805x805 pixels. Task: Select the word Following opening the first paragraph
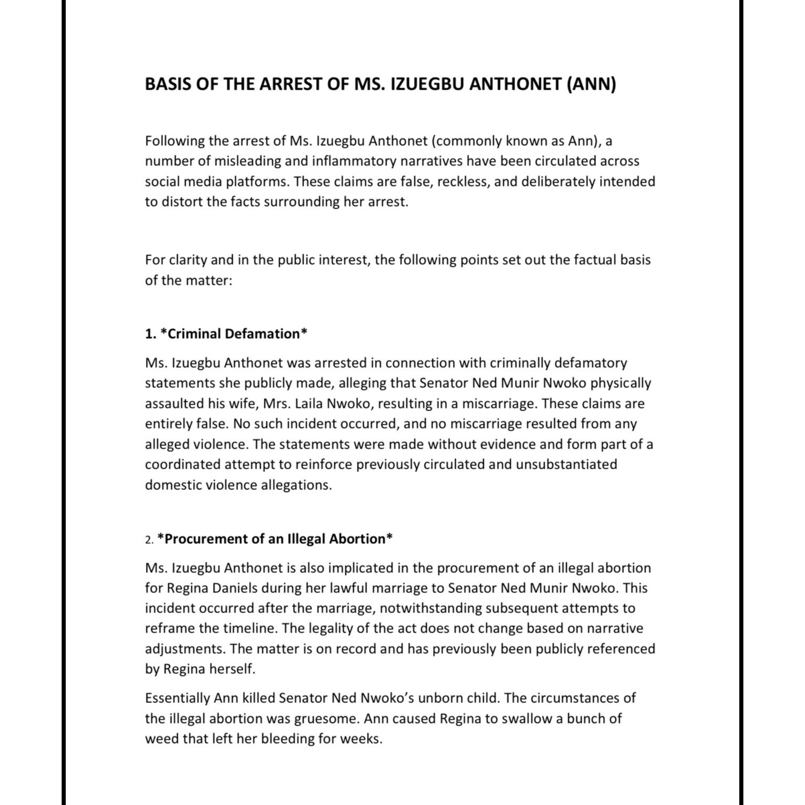tap(174, 141)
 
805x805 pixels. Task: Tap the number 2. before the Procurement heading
tap(149, 540)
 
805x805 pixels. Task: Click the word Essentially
tap(178, 698)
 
